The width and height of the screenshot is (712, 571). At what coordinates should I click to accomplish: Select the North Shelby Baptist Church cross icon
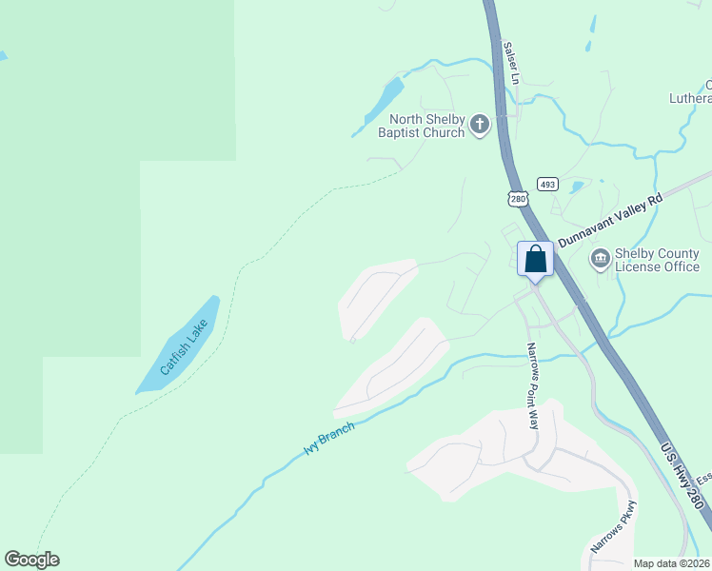click(480, 124)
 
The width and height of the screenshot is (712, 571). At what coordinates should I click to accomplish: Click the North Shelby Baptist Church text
click(421, 126)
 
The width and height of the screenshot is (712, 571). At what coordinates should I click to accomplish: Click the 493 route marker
click(546, 184)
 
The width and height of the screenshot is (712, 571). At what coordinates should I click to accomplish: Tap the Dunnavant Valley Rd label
click(609, 220)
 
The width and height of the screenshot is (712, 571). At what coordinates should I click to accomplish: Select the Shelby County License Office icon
click(600, 258)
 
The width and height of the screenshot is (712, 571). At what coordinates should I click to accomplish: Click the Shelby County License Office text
click(657, 259)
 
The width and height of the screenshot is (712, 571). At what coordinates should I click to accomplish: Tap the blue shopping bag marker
click(535, 259)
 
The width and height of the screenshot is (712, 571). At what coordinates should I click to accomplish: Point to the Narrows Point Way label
click(533, 385)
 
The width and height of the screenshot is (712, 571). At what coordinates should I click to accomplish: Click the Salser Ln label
click(510, 60)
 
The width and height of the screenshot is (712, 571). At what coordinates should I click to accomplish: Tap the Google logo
click(31, 560)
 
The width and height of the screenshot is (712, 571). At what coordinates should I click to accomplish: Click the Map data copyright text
click(672, 563)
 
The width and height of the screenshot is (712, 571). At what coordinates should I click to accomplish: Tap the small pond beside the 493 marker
click(575, 187)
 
